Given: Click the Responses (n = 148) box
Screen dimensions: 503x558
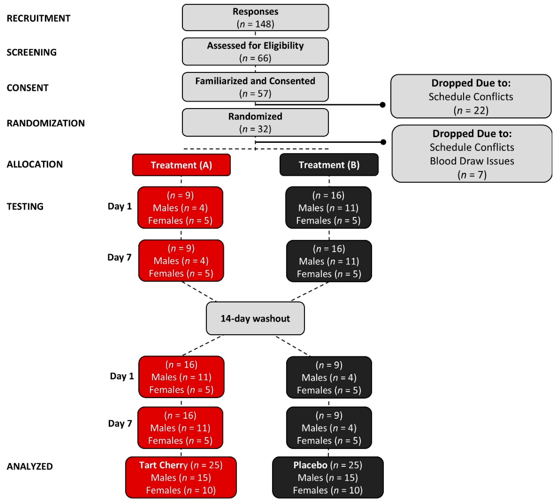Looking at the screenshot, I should pos(255,17).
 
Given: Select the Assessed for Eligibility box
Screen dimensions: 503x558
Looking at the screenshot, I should pos(255,52).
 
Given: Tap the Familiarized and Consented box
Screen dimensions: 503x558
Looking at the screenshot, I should pos(255,87).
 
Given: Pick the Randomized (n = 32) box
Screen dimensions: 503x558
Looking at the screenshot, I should pos(255,122).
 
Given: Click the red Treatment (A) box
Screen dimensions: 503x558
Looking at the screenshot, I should pos(181,165).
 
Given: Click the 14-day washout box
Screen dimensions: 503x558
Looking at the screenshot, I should pos(255,318).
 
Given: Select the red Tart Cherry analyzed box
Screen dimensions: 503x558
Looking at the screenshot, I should pos(181,477).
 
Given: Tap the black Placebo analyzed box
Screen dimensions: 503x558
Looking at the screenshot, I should pos(328,477).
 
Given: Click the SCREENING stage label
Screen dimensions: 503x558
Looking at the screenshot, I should pos(31,52).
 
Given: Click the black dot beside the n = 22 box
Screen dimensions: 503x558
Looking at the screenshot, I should pos(383,105).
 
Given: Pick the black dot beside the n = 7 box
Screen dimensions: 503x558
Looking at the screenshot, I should pos(383,142).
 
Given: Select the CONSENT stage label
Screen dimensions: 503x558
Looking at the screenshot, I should pos(27,88).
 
